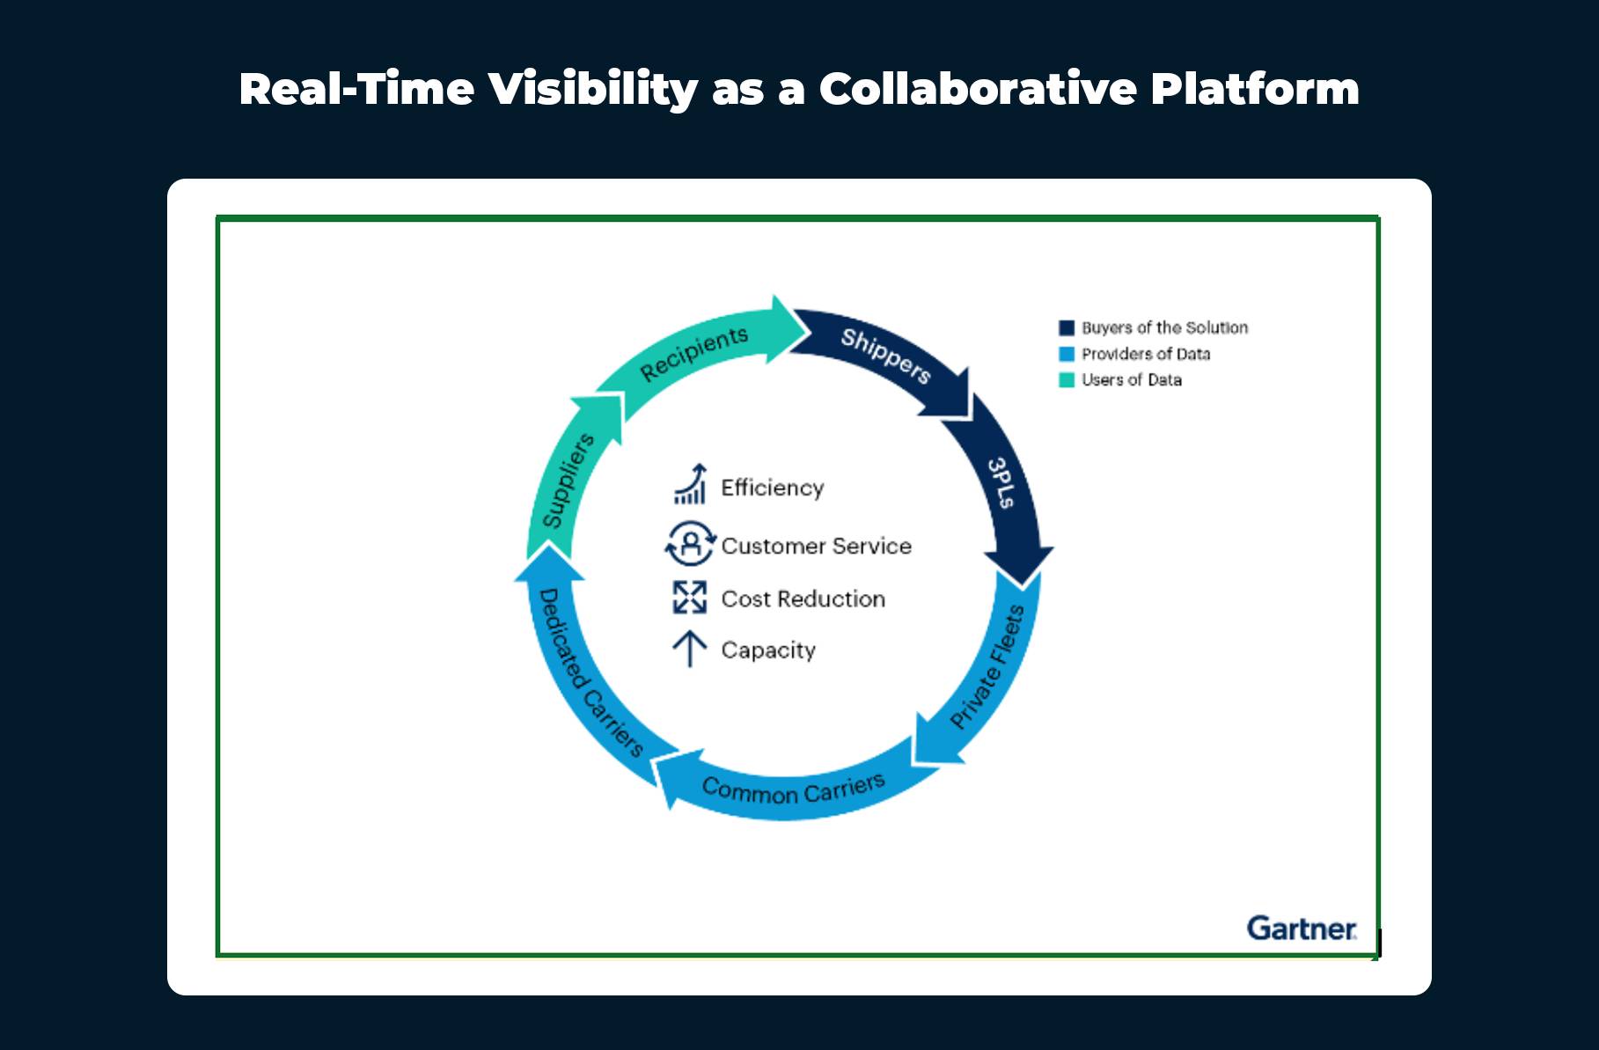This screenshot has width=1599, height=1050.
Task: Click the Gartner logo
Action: (1302, 929)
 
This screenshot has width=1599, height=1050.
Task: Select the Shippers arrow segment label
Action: (885, 356)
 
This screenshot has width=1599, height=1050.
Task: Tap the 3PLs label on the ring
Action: (1001, 483)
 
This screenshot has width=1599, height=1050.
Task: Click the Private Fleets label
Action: (987, 668)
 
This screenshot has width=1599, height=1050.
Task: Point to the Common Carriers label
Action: (793, 789)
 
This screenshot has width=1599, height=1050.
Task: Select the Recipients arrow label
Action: (693, 354)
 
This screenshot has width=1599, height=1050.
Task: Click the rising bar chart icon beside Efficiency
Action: (691, 485)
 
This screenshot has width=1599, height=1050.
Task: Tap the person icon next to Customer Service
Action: (691, 544)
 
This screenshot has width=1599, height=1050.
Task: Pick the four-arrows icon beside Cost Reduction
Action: (690, 598)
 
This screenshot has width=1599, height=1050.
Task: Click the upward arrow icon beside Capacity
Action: (690, 650)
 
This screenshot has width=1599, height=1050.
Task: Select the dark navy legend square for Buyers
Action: (1067, 328)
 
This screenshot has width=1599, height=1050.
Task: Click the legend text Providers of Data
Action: (1146, 354)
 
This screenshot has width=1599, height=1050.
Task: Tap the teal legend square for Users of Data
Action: (1067, 380)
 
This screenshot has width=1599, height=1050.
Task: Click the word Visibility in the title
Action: (593, 90)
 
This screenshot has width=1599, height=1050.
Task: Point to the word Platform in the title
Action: (1255, 90)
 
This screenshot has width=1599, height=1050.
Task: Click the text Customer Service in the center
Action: (816, 546)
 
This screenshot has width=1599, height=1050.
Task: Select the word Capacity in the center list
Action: (768, 650)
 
